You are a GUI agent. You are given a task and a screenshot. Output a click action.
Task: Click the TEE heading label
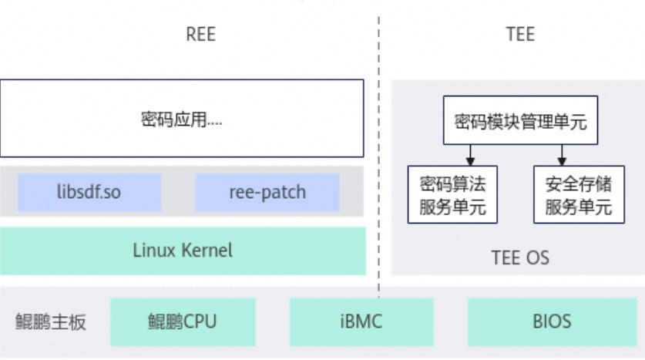(520, 35)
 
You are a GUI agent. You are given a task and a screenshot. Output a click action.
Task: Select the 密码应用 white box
(182, 118)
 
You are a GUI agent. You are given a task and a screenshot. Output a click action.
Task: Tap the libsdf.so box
(89, 192)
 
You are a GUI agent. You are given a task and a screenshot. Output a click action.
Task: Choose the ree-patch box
(267, 192)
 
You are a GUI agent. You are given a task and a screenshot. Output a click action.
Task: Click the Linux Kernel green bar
(183, 251)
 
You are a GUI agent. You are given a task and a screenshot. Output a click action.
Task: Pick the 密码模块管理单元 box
(520, 120)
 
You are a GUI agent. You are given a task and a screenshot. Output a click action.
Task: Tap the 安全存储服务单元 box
(578, 194)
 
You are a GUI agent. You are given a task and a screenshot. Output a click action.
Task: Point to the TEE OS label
(520, 257)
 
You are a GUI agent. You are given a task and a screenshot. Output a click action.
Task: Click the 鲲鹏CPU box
(182, 321)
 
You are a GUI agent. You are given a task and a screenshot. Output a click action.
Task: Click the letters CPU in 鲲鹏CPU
(200, 321)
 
